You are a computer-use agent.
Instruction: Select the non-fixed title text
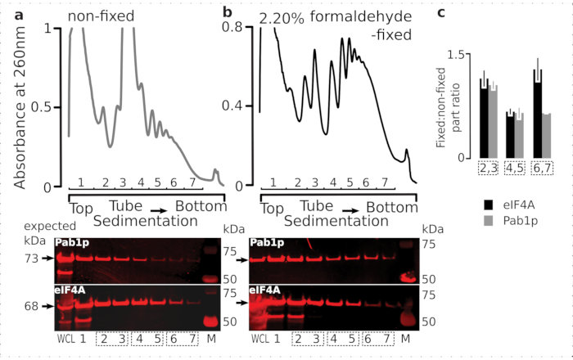pyautogui.click(x=101, y=16)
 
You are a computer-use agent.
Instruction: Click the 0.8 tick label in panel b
pyautogui.click(x=237, y=28)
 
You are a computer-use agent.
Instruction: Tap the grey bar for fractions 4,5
pyautogui.click(x=519, y=138)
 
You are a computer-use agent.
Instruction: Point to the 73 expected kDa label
pyautogui.click(x=31, y=258)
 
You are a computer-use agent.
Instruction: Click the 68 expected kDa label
pyautogui.click(x=31, y=306)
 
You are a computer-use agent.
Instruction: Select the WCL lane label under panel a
pyautogui.click(x=65, y=338)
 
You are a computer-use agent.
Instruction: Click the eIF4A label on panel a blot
pyautogui.click(x=70, y=289)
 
